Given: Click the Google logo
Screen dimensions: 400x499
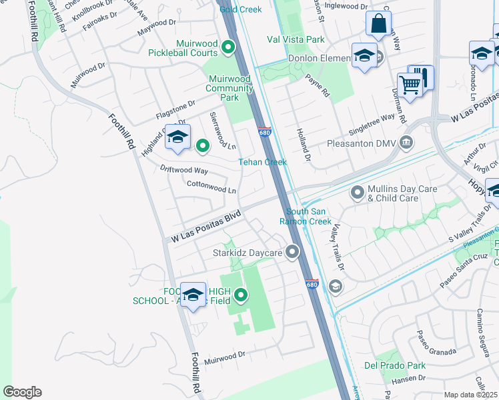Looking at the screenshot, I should (22, 392).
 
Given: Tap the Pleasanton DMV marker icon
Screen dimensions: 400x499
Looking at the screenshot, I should (406, 143).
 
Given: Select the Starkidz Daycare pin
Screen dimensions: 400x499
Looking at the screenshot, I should (292, 252).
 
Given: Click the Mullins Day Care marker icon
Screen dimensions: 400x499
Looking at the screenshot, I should (358, 193).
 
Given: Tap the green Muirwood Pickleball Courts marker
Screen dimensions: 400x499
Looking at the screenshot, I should (227, 47).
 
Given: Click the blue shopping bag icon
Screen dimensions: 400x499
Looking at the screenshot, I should (378, 24).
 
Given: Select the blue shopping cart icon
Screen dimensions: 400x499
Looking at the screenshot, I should (410, 85).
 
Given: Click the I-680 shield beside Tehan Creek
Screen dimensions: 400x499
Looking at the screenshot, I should (264, 133).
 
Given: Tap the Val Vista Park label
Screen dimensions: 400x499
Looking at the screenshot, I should (295, 40).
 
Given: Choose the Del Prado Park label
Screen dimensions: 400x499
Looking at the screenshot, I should (394, 365).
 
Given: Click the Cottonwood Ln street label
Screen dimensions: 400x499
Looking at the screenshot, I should (211, 187).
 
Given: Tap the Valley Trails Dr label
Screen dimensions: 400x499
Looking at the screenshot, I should (336, 247).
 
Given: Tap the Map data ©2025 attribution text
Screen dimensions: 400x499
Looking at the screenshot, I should (471, 395).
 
